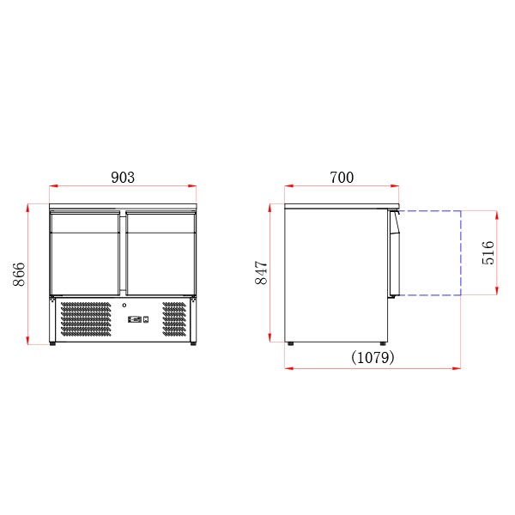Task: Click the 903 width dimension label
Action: pos(123,178)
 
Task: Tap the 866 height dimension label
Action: pos(19,275)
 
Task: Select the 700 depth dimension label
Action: pos(342,178)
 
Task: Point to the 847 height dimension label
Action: pos(262,273)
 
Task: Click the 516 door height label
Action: pos(488,253)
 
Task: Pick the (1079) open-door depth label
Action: pos(373,357)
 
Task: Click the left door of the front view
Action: pos(85,253)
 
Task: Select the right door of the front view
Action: pos(161,253)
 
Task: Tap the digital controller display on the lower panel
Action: pos(135,319)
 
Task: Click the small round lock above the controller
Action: pos(124,306)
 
